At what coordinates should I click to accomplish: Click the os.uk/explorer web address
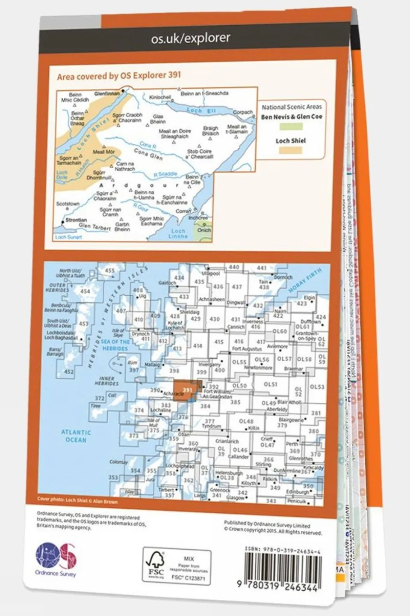(191, 39)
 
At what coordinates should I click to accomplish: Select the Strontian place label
(76, 220)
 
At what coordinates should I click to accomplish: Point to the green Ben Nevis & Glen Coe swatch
(291, 127)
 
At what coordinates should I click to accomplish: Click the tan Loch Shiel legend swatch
(291, 150)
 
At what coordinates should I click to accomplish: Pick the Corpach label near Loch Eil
(243, 113)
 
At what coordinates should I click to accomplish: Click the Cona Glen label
(148, 154)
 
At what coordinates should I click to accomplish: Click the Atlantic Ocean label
(76, 436)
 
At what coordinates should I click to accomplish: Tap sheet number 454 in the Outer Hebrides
(85, 292)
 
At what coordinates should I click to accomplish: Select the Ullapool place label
(210, 273)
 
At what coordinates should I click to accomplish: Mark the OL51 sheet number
(271, 384)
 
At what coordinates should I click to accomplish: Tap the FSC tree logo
(156, 564)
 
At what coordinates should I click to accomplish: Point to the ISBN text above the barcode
(283, 548)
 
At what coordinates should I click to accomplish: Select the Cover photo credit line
(77, 501)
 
